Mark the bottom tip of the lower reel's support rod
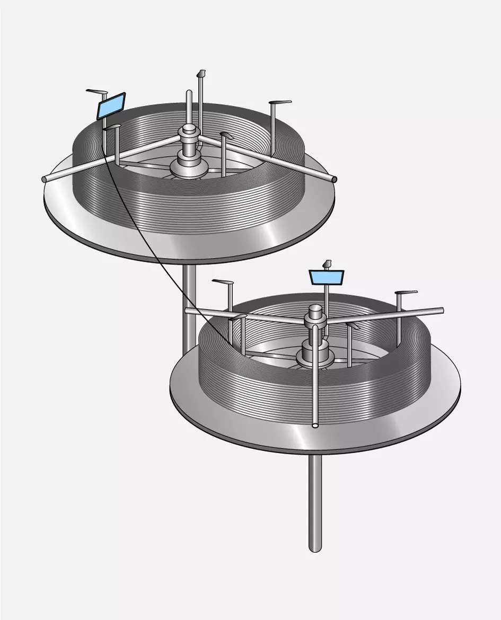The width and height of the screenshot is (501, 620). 315,548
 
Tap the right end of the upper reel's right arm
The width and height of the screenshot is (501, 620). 334,179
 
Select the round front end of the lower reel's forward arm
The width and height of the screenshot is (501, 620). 315,424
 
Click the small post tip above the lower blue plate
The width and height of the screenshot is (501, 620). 327,263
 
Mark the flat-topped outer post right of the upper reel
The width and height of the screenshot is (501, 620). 280,103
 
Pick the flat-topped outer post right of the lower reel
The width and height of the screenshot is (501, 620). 406,293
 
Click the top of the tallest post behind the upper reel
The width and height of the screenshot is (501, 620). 200,73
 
